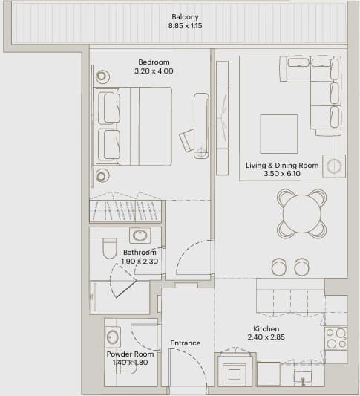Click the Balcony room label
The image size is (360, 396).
pos(185,17)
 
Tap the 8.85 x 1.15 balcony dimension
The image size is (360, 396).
pos(185,26)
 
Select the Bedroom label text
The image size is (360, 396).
pos(154,62)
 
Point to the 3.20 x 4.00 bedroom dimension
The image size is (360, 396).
pos(154,71)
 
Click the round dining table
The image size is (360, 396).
pos(301,214)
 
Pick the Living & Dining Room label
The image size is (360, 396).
pos(282,166)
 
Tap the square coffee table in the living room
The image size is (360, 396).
pos(279,134)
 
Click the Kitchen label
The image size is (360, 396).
pos(266,329)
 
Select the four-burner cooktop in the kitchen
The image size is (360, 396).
pos(336,338)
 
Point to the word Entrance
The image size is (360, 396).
pos(186,343)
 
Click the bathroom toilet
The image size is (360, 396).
pos(110,248)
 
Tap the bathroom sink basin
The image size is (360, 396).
pos(140,236)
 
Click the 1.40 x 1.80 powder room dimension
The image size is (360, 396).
pos(130,362)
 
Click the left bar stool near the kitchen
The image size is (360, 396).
pos(279,267)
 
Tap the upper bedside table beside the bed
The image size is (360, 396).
pos(102,76)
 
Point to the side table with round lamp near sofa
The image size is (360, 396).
pos(334,166)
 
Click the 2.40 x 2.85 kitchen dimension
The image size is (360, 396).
pos(266,337)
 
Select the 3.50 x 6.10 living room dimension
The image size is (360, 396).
pos(282,174)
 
